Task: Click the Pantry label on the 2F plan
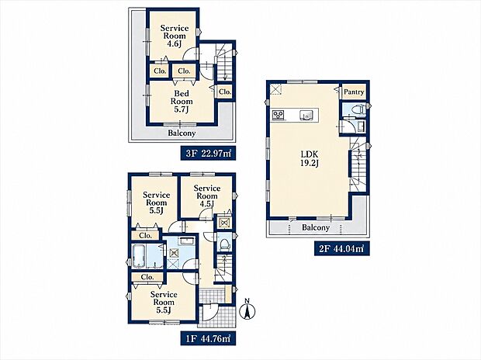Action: point(354,92)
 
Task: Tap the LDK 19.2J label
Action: point(310,158)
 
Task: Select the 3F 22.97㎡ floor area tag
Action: point(208,153)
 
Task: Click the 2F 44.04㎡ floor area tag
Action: point(341,248)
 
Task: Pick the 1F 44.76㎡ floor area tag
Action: point(208,338)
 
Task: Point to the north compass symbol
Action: point(247,310)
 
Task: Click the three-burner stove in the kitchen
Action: point(279,115)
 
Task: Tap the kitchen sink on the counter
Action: point(307,115)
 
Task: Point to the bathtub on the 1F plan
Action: point(139,256)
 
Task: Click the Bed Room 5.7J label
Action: point(182,102)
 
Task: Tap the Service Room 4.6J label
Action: point(175,36)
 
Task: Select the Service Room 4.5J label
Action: point(207,196)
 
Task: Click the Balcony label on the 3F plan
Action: point(182,133)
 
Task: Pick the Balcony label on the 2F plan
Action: point(316,227)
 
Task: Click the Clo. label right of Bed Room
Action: point(225,92)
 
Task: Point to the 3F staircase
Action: point(224,61)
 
